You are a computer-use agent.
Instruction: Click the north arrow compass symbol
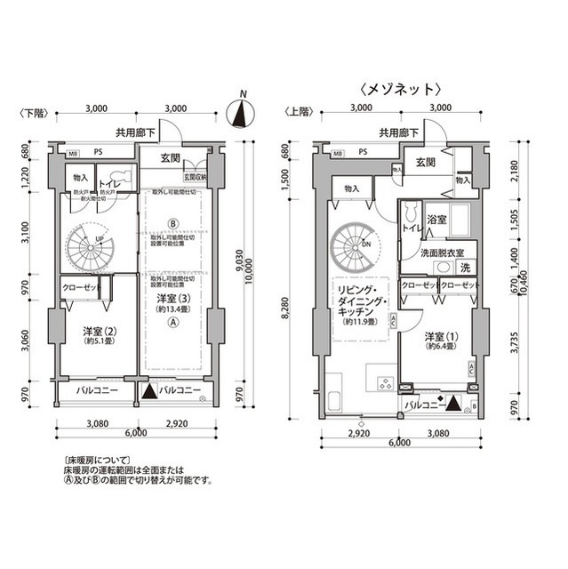point(237,115)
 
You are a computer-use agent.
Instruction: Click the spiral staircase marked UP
point(87,243)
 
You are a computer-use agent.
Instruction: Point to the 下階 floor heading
point(30,113)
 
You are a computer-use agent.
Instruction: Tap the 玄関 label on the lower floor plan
point(171,159)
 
